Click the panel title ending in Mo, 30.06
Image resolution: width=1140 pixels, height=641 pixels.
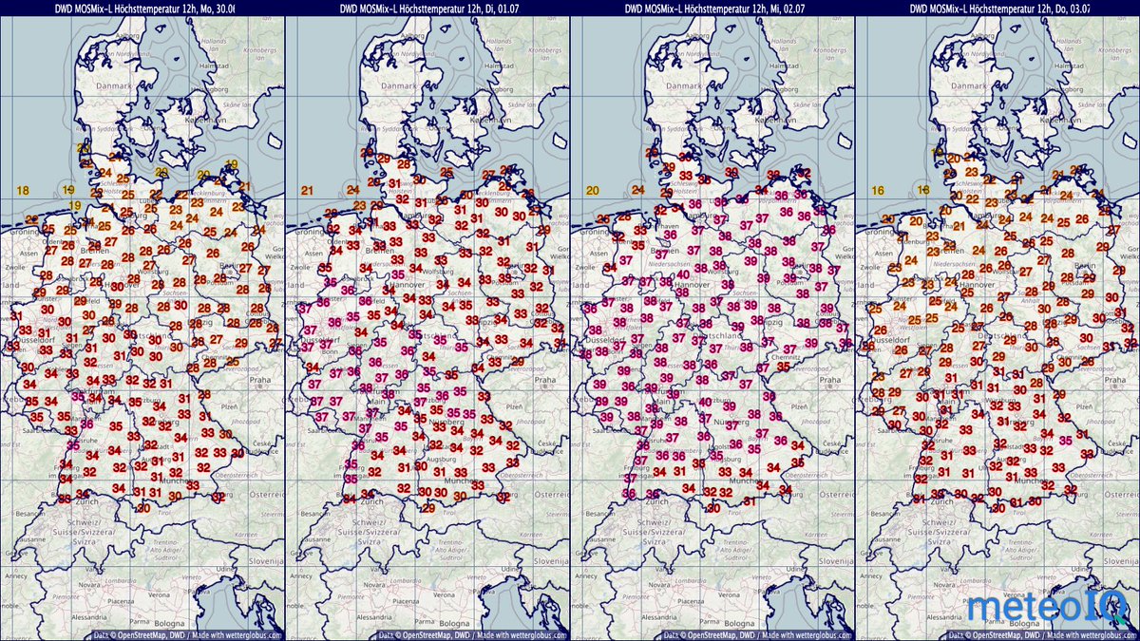(142, 9)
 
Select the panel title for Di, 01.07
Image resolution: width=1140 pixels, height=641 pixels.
(427, 9)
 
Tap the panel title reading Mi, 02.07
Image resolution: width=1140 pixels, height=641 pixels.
(712, 9)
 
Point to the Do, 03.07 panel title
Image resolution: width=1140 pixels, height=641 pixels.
(997, 9)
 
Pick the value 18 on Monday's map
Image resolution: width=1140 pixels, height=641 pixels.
(23, 191)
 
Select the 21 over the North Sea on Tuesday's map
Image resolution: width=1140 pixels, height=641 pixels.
(307, 191)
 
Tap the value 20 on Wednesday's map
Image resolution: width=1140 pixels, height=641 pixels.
(592, 191)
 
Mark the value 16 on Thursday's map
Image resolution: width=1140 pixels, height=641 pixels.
(877, 191)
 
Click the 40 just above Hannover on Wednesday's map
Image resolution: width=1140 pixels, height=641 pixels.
(682, 275)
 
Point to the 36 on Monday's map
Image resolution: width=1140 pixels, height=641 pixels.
(86, 424)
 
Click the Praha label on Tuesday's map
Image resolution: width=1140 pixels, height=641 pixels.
(544, 380)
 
